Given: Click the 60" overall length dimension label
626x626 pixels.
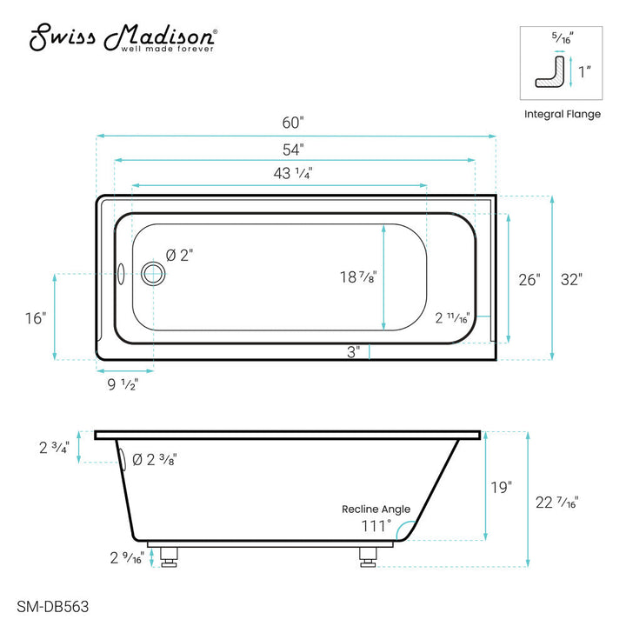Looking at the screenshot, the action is [293, 123].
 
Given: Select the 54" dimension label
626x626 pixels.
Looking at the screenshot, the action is [293, 150].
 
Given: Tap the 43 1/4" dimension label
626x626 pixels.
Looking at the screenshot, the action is [293, 173].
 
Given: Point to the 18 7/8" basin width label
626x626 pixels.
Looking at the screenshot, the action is [358, 277].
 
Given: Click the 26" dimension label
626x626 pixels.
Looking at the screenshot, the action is [529, 279].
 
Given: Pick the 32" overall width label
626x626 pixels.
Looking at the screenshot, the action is [571, 279].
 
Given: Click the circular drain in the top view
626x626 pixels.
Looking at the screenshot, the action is [153, 274].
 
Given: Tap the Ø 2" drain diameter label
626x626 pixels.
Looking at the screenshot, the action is [179, 255].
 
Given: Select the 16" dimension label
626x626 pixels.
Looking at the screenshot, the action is [36, 318].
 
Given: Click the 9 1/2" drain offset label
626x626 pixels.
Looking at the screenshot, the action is [123, 384].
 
